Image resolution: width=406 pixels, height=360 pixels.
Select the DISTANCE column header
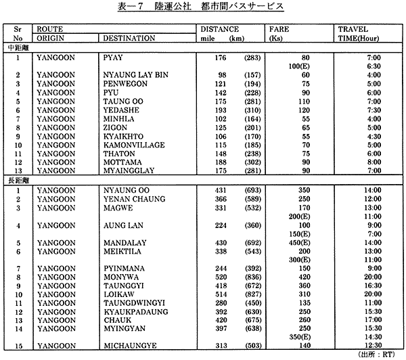(x=220, y=30)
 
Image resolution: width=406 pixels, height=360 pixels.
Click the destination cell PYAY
(x=113, y=58)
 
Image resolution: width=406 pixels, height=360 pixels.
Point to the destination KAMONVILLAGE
(x=130, y=145)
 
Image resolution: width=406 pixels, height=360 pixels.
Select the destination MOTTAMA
(x=120, y=162)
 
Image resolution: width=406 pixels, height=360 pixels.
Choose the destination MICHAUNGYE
(x=127, y=346)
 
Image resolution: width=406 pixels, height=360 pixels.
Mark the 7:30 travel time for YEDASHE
(x=375, y=110)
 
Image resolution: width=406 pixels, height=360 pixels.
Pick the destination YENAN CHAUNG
(x=131, y=200)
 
